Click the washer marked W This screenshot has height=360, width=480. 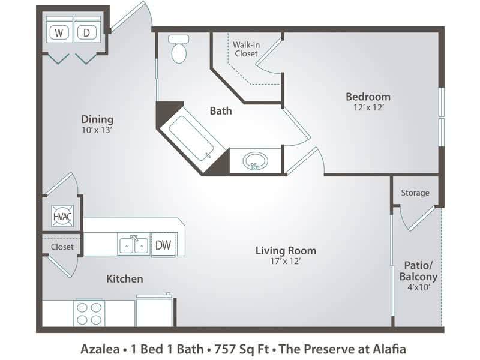click(59, 33)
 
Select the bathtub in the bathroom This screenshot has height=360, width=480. click(191, 136)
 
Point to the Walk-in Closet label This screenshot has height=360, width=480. click(245, 49)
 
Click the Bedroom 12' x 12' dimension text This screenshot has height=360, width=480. click(368, 109)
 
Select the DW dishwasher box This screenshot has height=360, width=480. click(163, 245)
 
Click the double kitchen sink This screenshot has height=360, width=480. click(133, 245)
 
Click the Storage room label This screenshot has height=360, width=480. click(415, 193)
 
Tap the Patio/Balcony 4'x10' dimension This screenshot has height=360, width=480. click(418, 287)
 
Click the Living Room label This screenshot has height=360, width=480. click(285, 251)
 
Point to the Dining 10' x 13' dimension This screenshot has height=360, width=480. click(97, 130)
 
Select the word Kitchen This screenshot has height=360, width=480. click(124, 278)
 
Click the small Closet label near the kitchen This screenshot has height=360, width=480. click(62, 247)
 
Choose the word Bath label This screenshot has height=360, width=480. click(220, 110)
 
